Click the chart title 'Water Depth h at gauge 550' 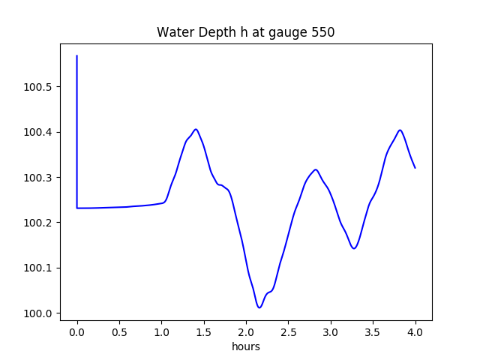click(245, 32)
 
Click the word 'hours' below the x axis click(245, 346)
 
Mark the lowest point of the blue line click(259, 307)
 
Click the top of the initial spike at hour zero click(77, 55)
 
